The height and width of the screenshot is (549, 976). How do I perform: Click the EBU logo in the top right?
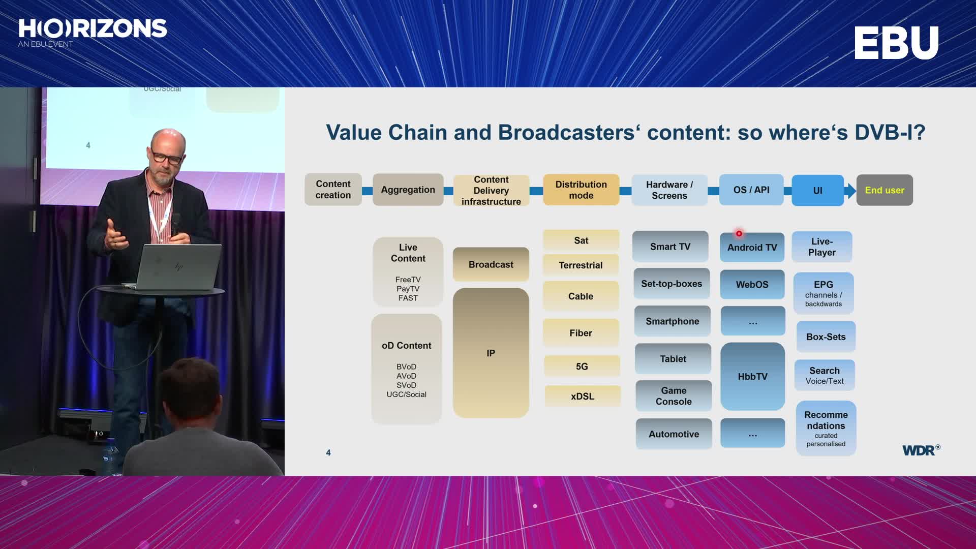pyautogui.click(x=896, y=43)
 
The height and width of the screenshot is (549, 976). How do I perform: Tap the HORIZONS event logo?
pyautogui.click(x=93, y=33)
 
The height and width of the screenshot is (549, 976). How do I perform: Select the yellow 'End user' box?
pyautogui.click(x=884, y=190)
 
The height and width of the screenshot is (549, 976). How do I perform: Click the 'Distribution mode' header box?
pyautogui.click(x=581, y=190)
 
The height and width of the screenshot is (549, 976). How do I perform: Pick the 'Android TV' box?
pyautogui.click(x=752, y=248)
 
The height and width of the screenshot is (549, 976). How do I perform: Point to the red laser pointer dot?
pyautogui.click(x=739, y=234)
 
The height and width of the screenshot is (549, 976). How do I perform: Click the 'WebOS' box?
pyautogui.click(x=752, y=285)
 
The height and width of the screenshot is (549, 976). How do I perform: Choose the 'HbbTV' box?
pyautogui.click(x=753, y=377)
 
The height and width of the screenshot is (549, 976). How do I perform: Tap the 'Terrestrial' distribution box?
pyautogui.click(x=581, y=265)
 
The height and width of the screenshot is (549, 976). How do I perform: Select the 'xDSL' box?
pyautogui.click(x=583, y=396)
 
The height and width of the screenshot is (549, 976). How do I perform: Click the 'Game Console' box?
pyautogui.click(x=674, y=396)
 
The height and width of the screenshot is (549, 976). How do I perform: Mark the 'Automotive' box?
pyautogui.click(x=674, y=434)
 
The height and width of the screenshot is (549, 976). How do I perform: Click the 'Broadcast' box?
pyautogui.click(x=491, y=264)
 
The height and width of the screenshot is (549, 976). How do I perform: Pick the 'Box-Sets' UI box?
pyautogui.click(x=826, y=337)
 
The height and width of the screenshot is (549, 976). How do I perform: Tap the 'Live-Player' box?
pyautogui.click(x=822, y=247)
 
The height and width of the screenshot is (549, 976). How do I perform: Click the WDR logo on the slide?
pyautogui.click(x=921, y=450)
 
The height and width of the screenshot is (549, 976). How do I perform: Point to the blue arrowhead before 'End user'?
pyautogui.click(x=850, y=191)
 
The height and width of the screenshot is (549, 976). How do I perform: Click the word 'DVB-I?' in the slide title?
pyautogui.click(x=890, y=133)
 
